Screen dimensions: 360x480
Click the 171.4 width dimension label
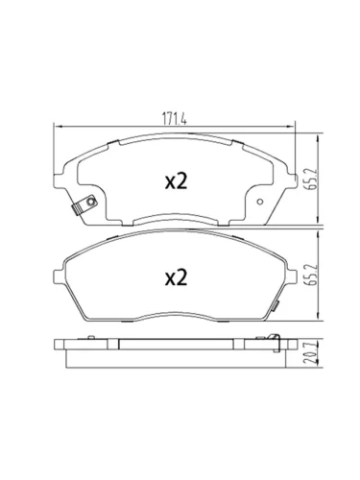coord(174,119)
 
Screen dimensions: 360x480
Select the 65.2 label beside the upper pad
coord(313,179)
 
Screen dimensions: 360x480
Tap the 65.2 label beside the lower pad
coord(313,275)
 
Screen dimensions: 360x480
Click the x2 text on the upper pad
coord(176,181)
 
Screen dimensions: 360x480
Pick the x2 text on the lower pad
coord(176,277)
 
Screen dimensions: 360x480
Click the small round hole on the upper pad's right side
coord(260,202)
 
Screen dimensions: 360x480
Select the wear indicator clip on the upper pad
coord(84,205)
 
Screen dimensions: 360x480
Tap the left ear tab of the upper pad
coord(59,180)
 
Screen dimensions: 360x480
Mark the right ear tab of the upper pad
coord(293,180)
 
